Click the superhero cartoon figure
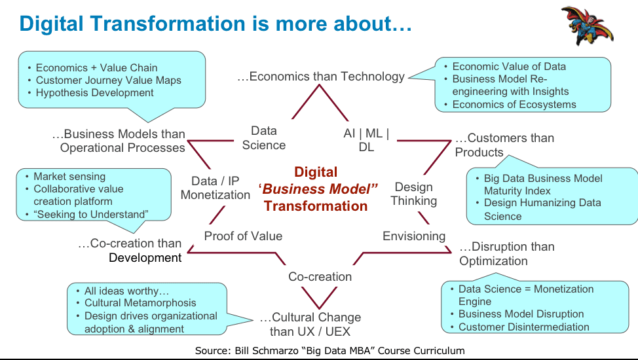587,25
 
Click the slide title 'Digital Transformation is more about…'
216,24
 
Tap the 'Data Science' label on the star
264,138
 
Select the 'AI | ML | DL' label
366,140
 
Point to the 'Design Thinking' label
414,194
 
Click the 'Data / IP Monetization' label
216,188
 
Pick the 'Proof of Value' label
243,236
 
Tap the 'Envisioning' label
414,236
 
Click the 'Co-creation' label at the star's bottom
320,277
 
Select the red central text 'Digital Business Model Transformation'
316,189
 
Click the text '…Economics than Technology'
321,77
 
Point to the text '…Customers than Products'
504,145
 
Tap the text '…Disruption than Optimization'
507,254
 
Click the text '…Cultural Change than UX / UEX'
310,324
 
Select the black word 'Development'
145,258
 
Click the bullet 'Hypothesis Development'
94,93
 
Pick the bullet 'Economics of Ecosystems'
514,105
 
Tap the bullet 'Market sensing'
69,177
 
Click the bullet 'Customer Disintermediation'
523,327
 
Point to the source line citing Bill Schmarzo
329,351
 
